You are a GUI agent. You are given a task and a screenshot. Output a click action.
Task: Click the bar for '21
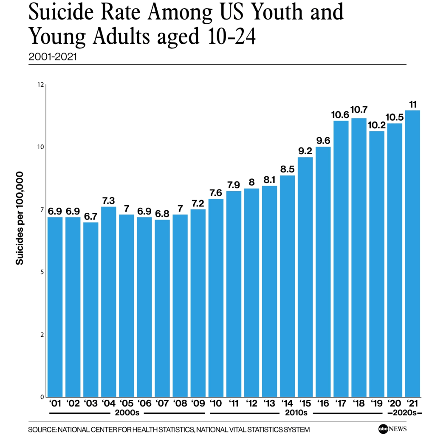(x=412, y=254)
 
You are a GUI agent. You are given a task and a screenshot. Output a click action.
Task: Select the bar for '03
(x=90, y=309)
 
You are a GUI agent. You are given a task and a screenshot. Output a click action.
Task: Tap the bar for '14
(x=288, y=286)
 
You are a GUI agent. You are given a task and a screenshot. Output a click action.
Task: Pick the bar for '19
(x=377, y=264)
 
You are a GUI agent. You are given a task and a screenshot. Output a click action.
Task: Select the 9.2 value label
(x=305, y=150)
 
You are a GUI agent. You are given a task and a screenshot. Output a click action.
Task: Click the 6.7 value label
(x=90, y=216)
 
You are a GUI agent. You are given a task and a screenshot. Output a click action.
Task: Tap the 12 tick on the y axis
(x=41, y=85)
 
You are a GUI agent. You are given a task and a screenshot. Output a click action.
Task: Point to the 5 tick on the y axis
(x=42, y=272)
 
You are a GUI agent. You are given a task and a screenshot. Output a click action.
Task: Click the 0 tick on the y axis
(x=42, y=397)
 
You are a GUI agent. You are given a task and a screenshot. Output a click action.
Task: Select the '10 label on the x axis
(x=215, y=403)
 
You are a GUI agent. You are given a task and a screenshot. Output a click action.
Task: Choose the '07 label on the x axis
(x=162, y=403)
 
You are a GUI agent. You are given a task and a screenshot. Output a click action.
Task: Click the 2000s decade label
(x=126, y=413)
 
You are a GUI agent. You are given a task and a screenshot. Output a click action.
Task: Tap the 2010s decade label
(x=296, y=413)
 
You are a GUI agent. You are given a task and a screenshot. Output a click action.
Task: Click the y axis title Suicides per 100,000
(x=20, y=218)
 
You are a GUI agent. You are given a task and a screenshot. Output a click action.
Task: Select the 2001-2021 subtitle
(x=53, y=56)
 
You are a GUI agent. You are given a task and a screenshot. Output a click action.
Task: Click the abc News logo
(x=391, y=429)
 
